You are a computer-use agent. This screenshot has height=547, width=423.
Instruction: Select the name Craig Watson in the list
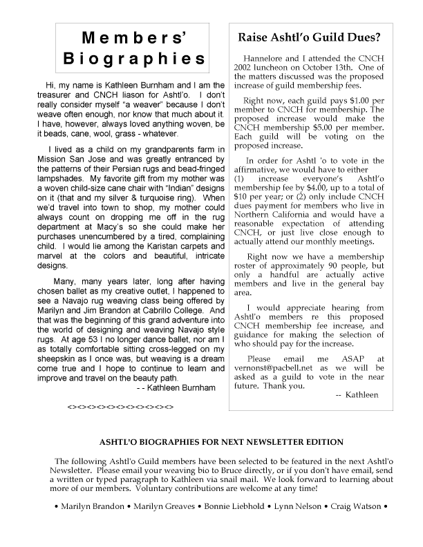pyautogui.click(x=349, y=506)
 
